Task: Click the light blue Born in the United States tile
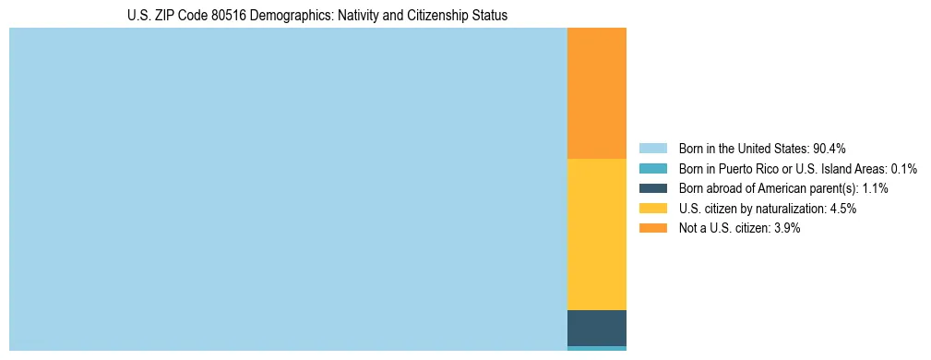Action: click(288, 189)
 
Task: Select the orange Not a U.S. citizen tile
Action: click(596, 93)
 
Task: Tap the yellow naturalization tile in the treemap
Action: click(596, 234)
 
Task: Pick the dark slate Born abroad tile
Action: click(596, 328)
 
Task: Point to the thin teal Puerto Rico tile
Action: click(596, 348)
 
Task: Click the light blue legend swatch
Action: click(652, 149)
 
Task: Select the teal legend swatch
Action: click(652, 169)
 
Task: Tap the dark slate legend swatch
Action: click(652, 188)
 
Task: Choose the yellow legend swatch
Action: click(652, 209)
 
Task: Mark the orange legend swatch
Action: click(652, 229)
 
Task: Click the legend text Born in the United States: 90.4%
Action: click(762, 149)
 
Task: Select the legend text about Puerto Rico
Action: click(797, 169)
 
